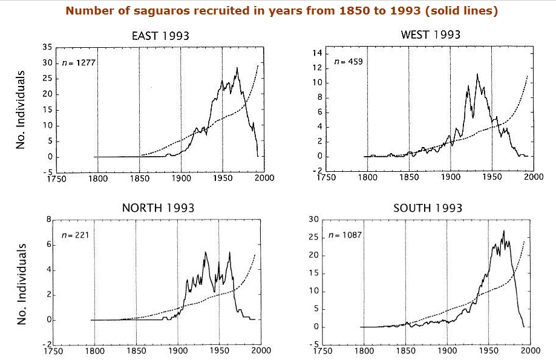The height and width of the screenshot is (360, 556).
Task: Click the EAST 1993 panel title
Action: [x=160, y=36]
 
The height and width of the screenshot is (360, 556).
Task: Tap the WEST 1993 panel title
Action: [x=430, y=35]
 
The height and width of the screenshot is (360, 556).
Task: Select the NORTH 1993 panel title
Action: [x=158, y=208]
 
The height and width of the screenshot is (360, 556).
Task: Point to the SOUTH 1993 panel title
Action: [x=428, y=208]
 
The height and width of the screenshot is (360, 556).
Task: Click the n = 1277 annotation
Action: [x=76, y=63]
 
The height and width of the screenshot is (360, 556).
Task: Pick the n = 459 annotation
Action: [x=348, y=62]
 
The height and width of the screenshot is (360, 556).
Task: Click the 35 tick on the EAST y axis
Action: [x=47, y=47]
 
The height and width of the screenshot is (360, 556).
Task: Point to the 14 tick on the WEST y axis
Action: [x=316, y=54]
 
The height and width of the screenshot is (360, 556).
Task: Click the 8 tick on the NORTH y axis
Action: [x=49, y=220]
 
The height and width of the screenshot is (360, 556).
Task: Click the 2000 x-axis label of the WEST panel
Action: [x=534, y=177]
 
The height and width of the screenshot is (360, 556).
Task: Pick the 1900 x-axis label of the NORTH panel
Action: [x=177, y=350]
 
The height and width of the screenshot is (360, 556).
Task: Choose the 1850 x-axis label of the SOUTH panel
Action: [x=405, y=350]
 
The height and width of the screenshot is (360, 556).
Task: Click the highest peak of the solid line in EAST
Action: [x=237, y=67]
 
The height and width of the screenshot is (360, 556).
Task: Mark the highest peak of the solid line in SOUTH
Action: [x=503, y=231]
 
